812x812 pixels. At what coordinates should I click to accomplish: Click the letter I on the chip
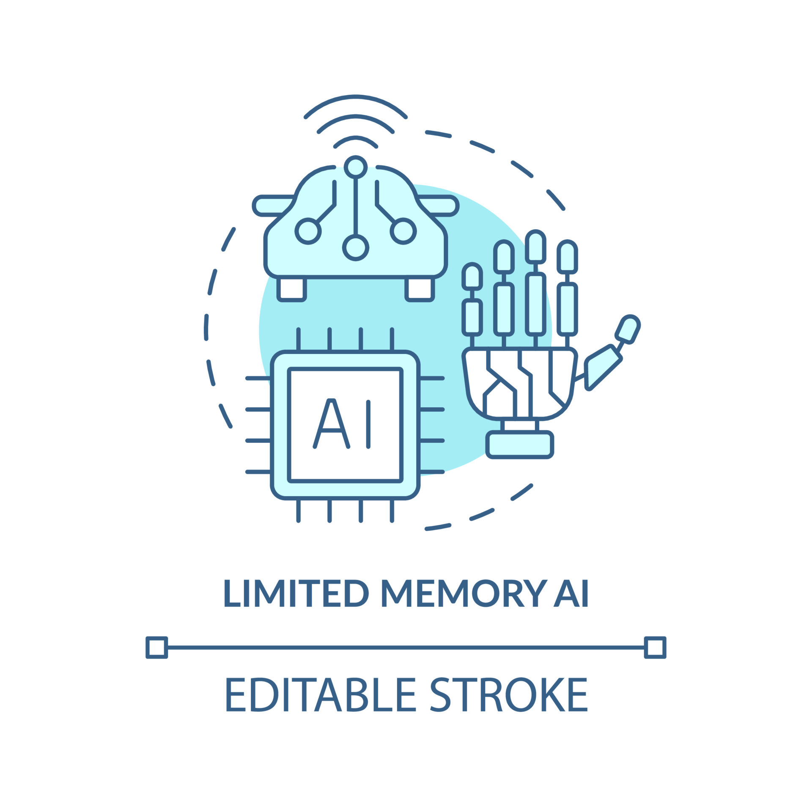[368, 424]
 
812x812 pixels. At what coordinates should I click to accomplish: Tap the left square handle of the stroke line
[156, 647]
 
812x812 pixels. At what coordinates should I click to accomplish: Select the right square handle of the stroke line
[655, 647]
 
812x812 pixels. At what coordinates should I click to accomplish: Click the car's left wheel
[291, 289]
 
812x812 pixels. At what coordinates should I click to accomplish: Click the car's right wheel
[420, 289]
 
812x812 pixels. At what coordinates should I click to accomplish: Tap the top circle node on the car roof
[355, 167]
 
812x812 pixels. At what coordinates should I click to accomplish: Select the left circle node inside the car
[308, 231]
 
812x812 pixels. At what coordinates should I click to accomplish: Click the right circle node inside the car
[403, 231]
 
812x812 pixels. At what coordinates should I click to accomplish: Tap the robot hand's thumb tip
[628, 329]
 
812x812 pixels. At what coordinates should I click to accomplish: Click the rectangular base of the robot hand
[520, 445]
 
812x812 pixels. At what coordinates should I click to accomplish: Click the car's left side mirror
[271, 206]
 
